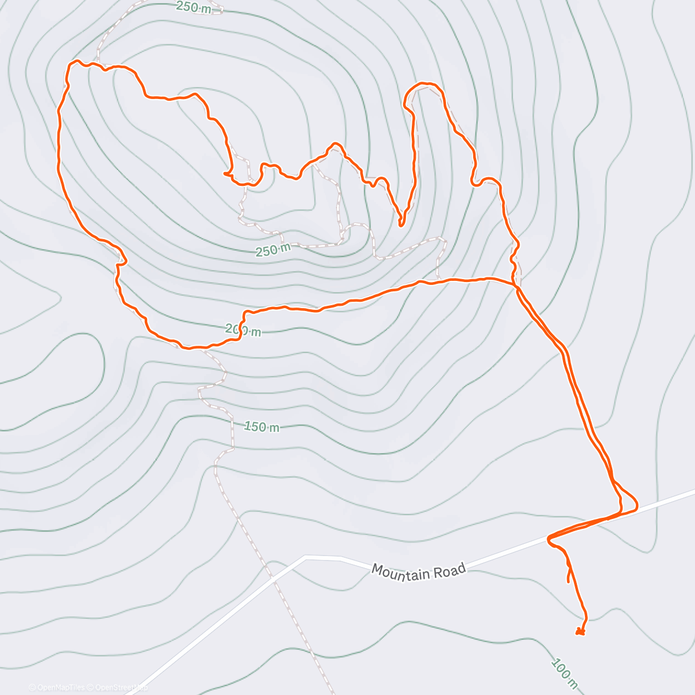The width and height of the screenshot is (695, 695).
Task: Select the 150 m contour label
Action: coord(262,427)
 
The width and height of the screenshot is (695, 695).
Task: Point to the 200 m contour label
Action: coord(243,330)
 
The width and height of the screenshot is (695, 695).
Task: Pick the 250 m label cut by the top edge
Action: coord(194,7)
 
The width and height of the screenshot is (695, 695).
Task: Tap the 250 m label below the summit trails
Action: coord(273,250)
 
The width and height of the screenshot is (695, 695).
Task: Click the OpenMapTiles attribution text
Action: coord(57,687)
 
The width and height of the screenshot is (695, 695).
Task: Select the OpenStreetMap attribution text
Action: coord(118,687)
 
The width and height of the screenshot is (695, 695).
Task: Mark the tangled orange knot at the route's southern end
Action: coord(580,631)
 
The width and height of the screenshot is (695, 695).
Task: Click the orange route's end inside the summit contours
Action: coord(226,173)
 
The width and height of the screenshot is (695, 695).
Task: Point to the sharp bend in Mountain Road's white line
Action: coord(305,557)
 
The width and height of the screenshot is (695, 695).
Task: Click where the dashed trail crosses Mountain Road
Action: coord(271,578)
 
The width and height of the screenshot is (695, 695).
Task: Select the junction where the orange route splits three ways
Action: coord(515,284)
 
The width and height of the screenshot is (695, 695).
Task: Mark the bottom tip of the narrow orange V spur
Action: coord(400,224)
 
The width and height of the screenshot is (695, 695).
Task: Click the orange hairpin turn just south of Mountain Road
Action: coord(549,539)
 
